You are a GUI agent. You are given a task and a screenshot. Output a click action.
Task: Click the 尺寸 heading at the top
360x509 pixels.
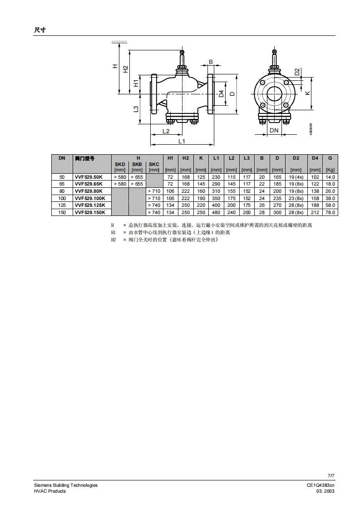coord(40,30)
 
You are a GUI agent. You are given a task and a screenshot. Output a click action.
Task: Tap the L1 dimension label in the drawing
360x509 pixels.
coord(182,141)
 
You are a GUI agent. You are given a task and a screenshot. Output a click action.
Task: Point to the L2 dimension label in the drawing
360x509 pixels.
coord(166,131)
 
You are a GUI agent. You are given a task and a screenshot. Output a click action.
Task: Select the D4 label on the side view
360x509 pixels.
coord(221,94)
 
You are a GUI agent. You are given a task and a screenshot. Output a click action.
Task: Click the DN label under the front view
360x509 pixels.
coord(274,130)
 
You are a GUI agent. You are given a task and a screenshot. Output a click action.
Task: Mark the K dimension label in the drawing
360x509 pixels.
coord(307,93)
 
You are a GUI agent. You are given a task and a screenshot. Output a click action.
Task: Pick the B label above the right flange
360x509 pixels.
coord(211,62)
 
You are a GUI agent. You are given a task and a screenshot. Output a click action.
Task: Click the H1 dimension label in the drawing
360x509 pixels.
coord(136,83)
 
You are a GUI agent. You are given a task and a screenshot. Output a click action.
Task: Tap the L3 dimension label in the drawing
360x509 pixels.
coord(136,109)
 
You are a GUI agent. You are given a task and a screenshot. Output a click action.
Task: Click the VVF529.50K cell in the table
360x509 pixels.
coord(89,177)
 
